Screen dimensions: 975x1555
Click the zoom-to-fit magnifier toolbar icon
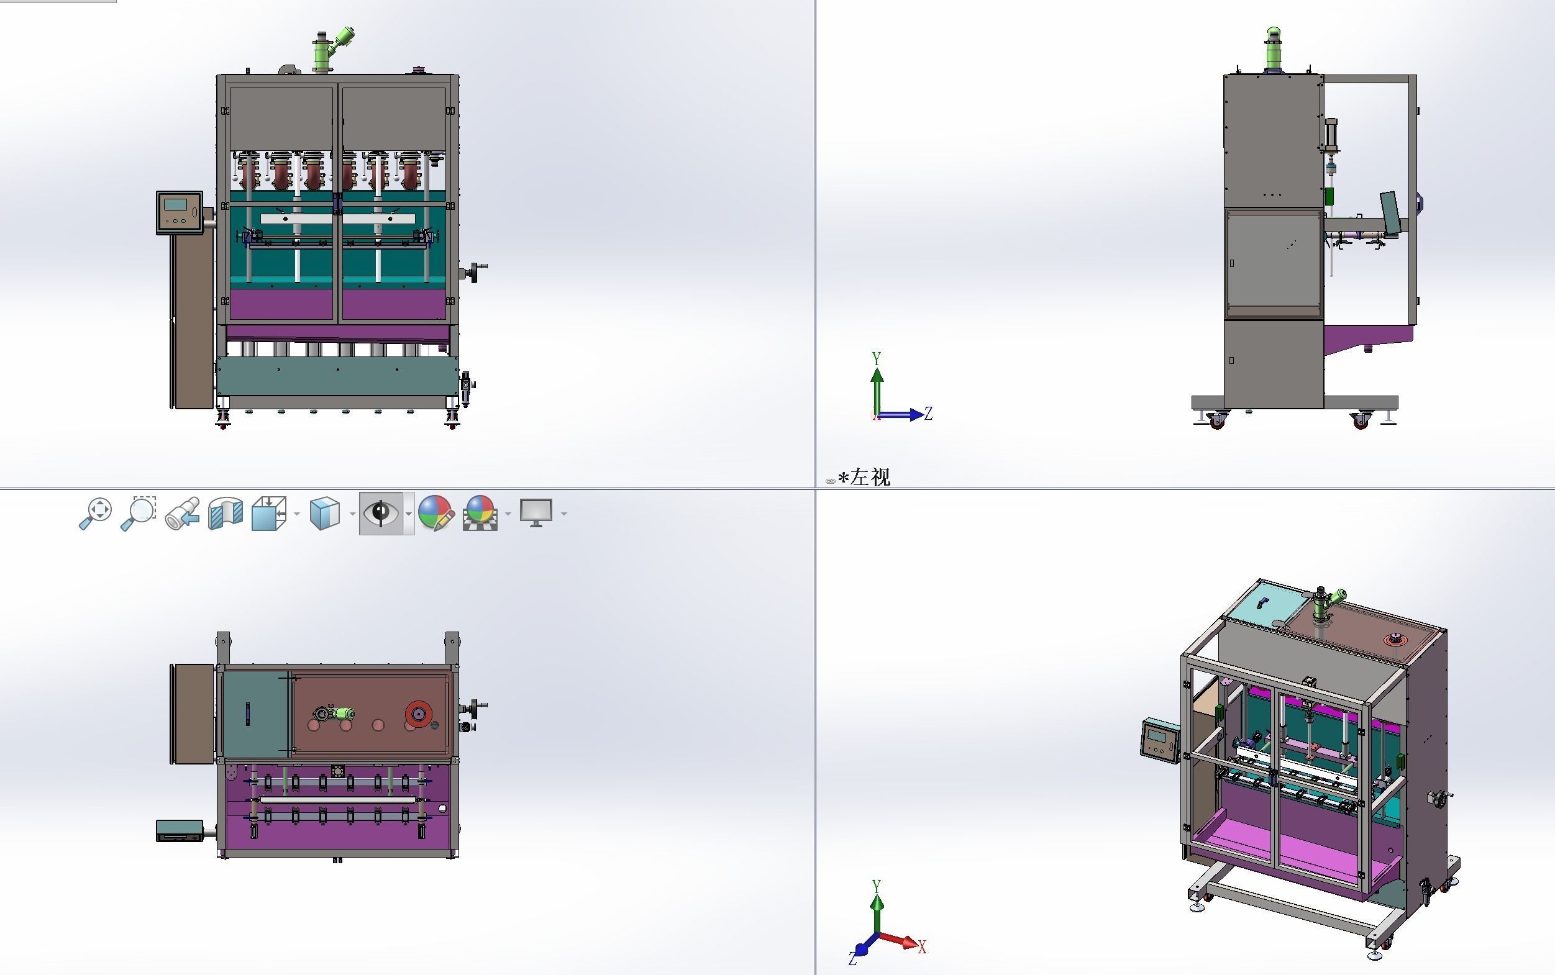tap(96, 514)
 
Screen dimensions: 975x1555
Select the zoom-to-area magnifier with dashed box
tap(138, 514)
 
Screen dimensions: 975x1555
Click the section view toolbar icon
tap(226, 514)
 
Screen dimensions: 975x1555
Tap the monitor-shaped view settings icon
tap(536, 514)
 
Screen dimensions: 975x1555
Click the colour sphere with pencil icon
tap(436, 514)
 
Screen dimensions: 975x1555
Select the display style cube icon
tap(324, 514)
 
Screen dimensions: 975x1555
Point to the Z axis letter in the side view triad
tap(928, 414)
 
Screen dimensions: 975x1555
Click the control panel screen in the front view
tap(175, 205)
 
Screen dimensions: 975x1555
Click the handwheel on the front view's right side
tap(477, 271)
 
